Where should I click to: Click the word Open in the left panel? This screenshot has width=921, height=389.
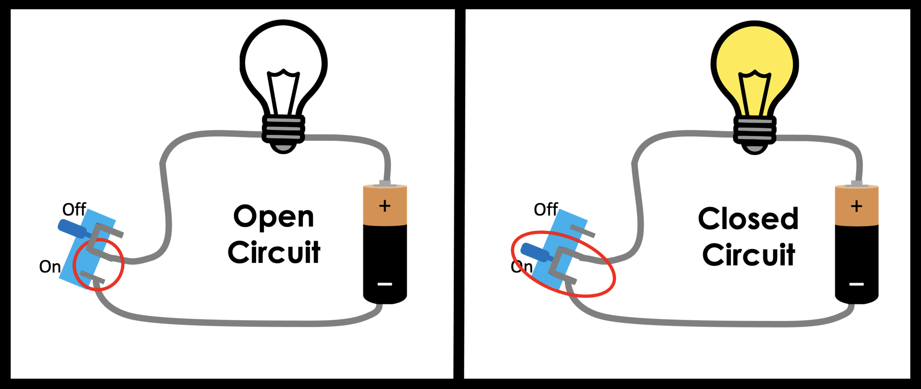[273, 218]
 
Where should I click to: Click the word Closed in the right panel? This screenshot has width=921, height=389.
[748, 219]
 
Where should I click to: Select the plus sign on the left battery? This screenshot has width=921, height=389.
[385, 206]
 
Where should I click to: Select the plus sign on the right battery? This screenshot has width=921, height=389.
[857, 206]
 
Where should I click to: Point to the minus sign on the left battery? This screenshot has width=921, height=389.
[385, 284]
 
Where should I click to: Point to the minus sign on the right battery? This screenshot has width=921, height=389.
[857, 284]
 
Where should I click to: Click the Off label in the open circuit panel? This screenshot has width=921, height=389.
[74, 210]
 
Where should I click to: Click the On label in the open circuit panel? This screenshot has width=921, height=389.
[50, 266]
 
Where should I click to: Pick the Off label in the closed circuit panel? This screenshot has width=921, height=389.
[546, 209]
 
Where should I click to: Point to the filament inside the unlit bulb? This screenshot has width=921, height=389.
[283, 92]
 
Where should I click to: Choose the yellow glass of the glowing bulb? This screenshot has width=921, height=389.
[755, 48]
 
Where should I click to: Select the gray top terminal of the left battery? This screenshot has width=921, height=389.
[385, 183]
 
